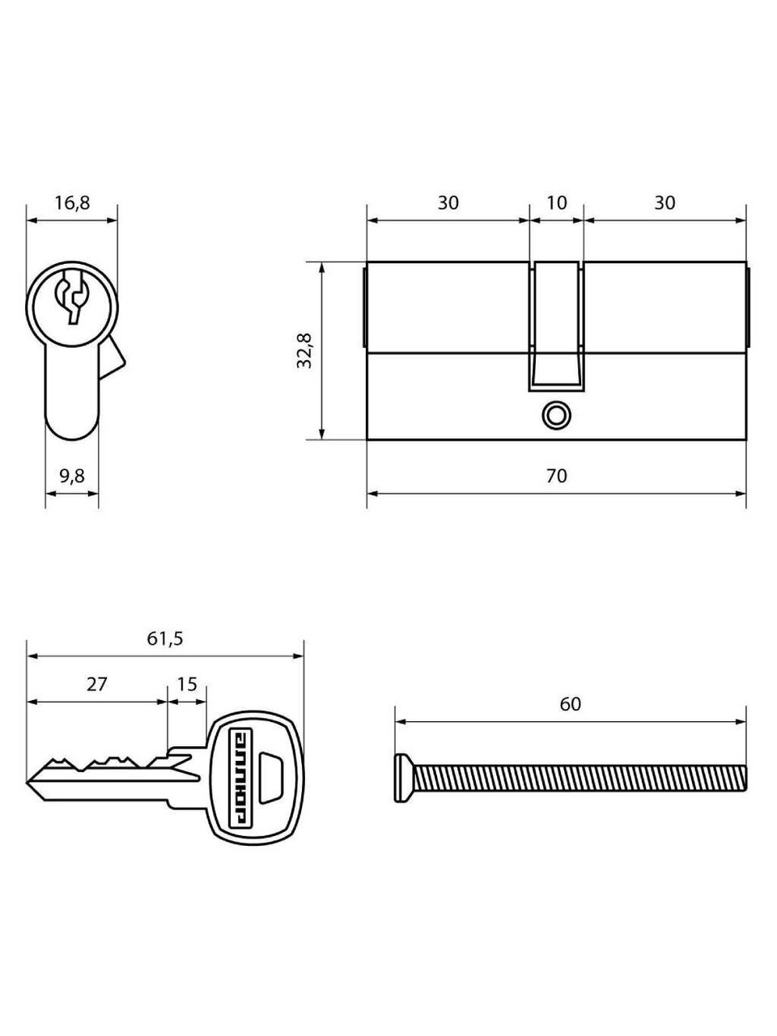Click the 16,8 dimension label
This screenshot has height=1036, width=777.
click(72, 203)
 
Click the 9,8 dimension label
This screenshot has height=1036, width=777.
click(72, 477)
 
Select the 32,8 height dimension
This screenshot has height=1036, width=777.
click(305, 350)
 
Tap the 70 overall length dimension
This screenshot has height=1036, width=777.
click(556, 477)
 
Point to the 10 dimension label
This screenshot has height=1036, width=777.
click(556, 202)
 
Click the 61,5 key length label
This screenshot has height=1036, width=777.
click(165, 639)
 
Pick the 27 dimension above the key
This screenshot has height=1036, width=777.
click(96, 684)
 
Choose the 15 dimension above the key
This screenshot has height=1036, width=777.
click(187, 684)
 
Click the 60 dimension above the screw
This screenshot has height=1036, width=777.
click(570, 705)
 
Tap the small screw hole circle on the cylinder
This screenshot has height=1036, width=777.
click(555, 414)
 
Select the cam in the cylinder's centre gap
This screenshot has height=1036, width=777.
click(556, 324)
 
